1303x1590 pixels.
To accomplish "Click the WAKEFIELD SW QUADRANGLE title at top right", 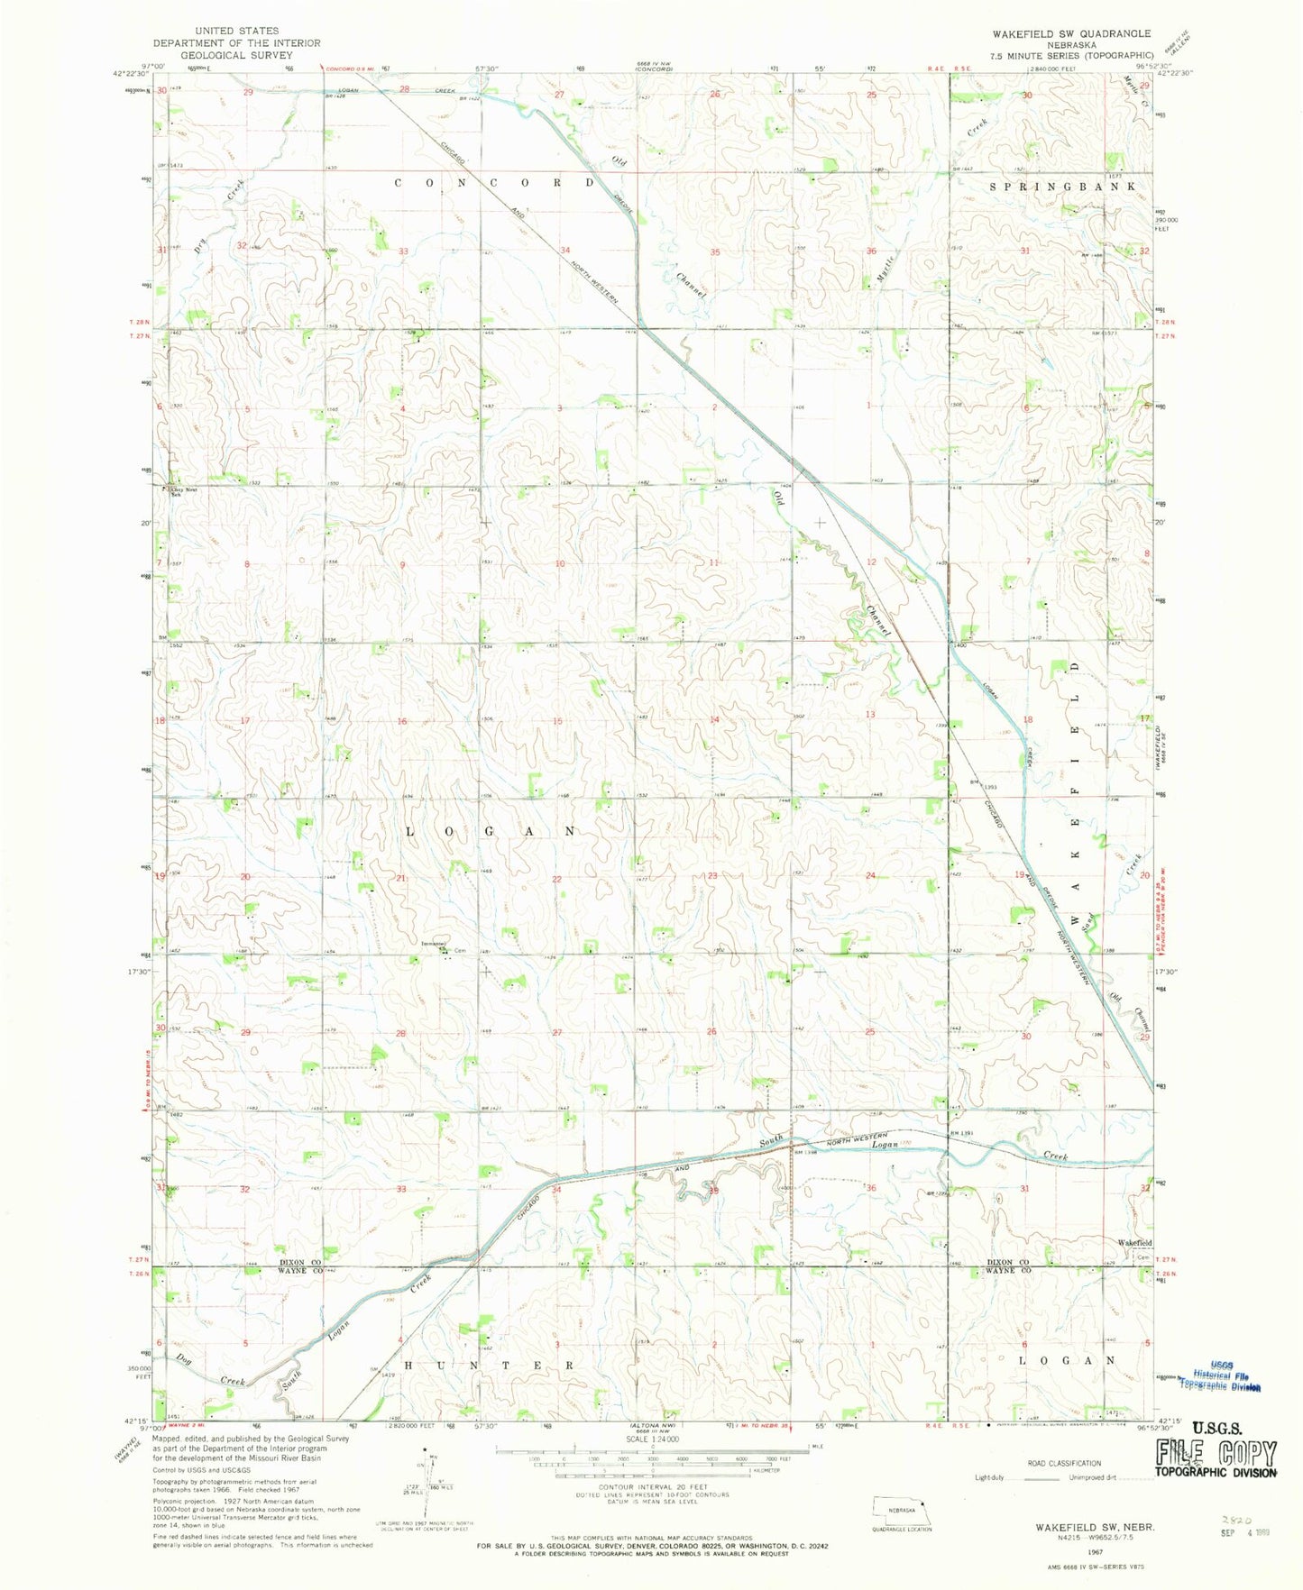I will (1071, 33).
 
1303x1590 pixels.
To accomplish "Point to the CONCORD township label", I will (494, 183).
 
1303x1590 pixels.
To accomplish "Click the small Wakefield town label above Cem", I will (1134, 1243).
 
